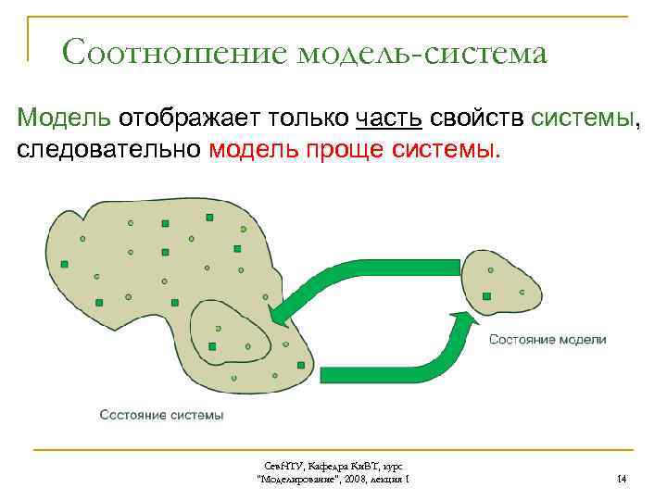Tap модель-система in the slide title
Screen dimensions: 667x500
point(422,54)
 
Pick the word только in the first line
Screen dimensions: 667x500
point(307,119)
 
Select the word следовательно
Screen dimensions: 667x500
point(108,149)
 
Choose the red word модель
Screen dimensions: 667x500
point(254,149)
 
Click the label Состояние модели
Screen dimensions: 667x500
point(547,340)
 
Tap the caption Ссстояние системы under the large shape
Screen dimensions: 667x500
point(161,415)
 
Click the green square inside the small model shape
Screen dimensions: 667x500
point(485,296)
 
